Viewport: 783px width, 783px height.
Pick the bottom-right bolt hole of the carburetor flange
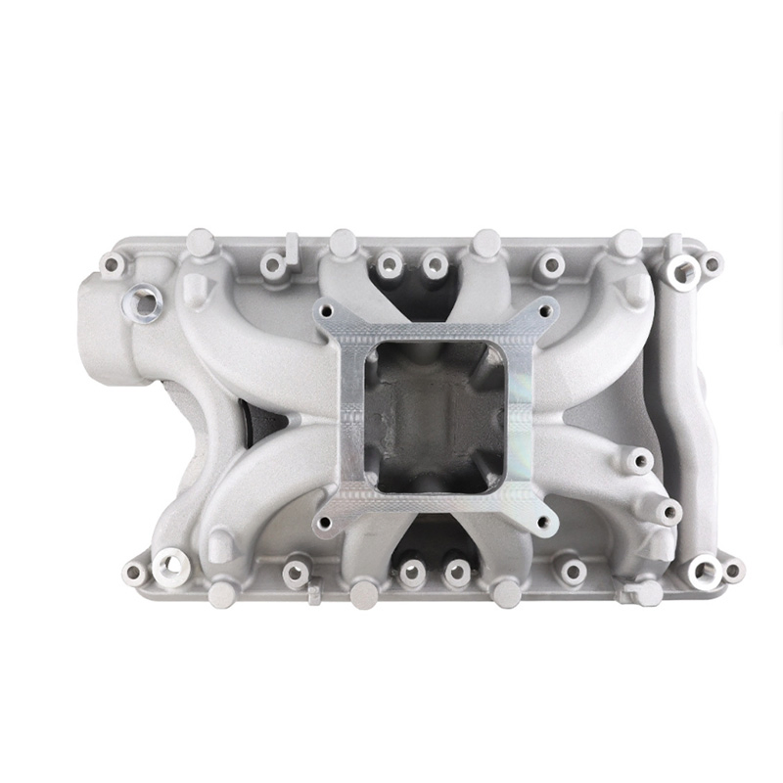544,521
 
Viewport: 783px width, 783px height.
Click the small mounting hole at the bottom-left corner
133,574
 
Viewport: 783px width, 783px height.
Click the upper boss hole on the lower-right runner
639,460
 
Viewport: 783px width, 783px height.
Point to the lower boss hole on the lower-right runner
668,511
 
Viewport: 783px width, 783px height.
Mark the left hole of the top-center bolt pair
391,262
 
